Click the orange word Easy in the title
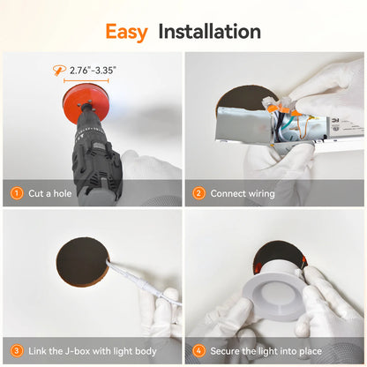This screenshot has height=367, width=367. [x=126, y=32]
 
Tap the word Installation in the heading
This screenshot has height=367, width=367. [x=210, y=32]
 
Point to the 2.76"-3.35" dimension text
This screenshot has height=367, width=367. [x=93, y=71]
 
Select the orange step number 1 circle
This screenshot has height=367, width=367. [x=17, y=193]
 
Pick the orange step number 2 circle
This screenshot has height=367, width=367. [x=198, y=193]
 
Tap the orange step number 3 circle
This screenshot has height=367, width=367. [x=17, y=350]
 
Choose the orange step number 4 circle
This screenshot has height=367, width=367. [x=198, y=350]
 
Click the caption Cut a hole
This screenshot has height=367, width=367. [x=50, y=193]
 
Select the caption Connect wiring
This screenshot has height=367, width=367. [x=243, y=193]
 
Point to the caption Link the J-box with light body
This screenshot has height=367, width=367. [x=93, y=351]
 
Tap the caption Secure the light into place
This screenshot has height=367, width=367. [x=266, y=351]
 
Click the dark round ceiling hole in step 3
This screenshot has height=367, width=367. [x=82, y=261]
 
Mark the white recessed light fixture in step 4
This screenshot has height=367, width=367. [x=274, y=291]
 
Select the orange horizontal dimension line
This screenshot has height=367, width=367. [x=86, y=80]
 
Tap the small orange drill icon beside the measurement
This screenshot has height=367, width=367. [x=59, y=71]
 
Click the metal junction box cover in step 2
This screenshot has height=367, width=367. [x=243, y=125]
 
